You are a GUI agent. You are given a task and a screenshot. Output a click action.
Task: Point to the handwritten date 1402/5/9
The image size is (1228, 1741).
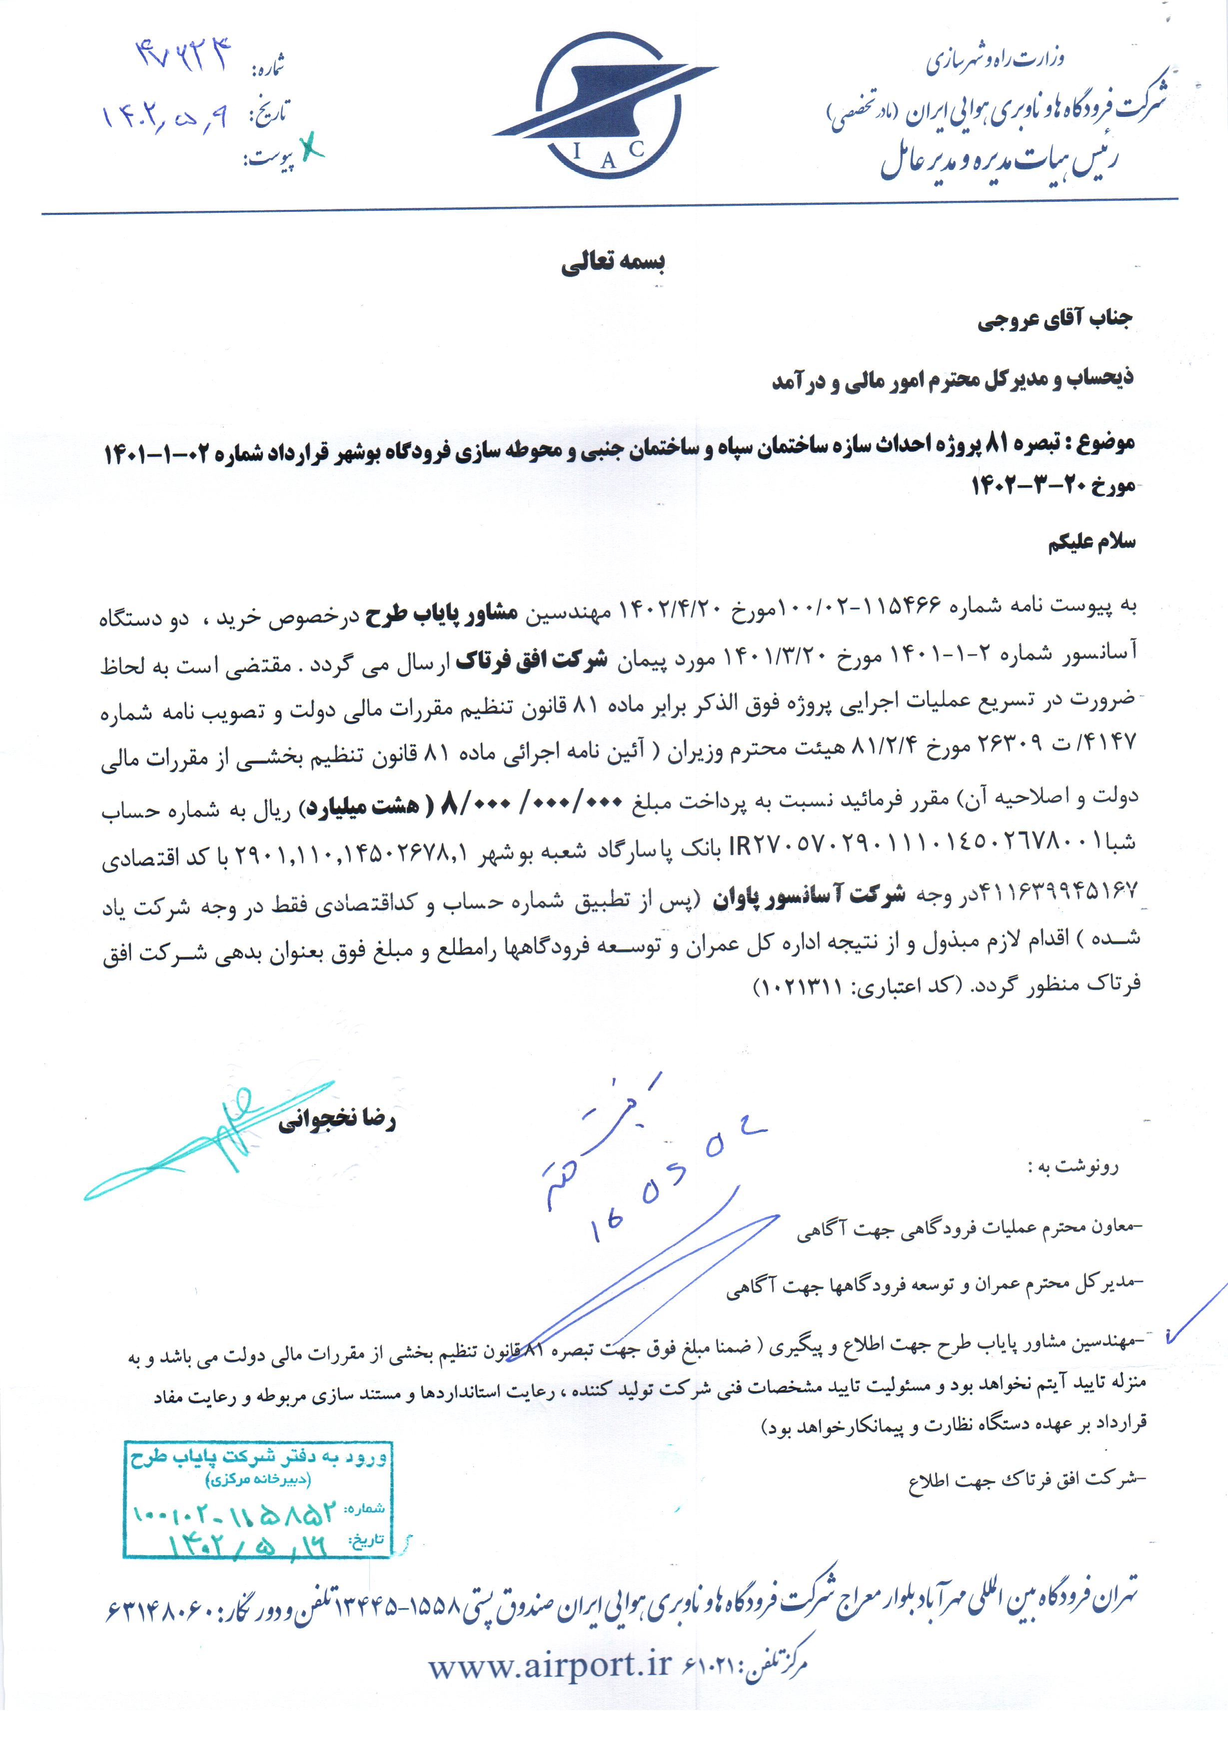click(x=164, y=117)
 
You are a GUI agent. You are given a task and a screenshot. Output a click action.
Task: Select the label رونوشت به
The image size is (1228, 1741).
click(x=1073, y=1167)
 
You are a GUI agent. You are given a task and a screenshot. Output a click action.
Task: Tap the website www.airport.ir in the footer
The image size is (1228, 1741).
click(x=550, y=1665)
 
